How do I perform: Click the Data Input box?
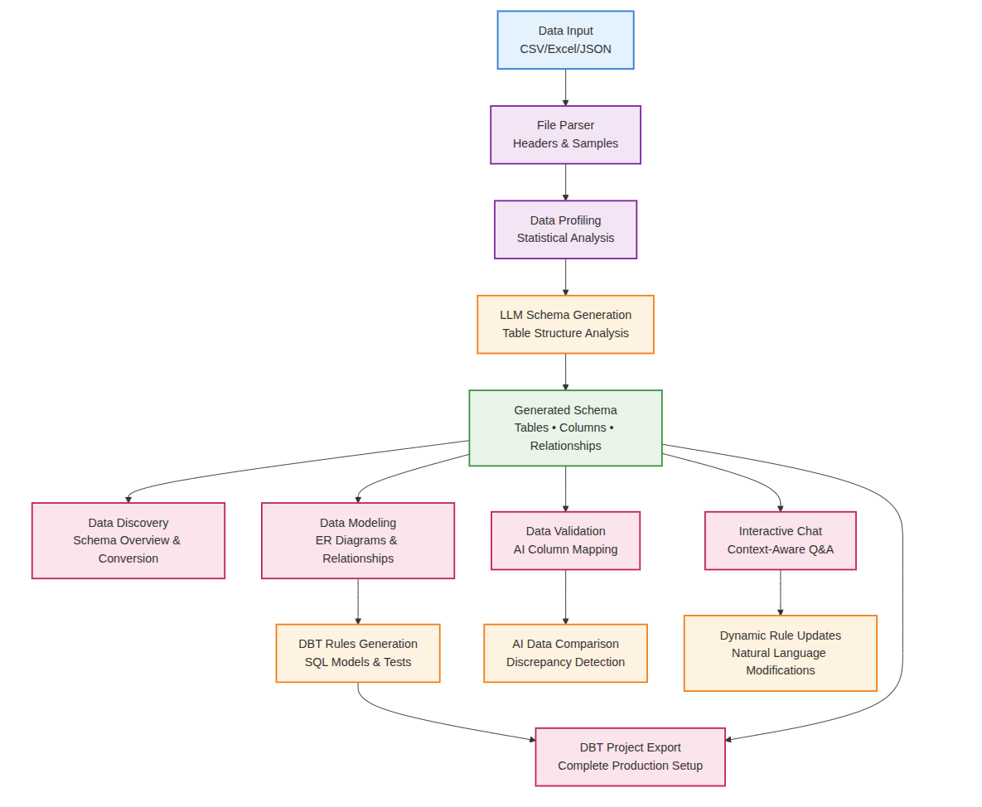pos(565,40)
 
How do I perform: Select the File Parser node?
pos(565,134)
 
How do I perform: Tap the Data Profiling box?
pos(565,230)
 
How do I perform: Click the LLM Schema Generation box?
pos(565,324)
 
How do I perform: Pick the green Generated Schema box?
pos(565,428)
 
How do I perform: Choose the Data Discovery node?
pos(128,540)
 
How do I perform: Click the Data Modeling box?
pos(358,540)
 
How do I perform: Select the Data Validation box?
pos(565,540)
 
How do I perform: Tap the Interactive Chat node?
pos(780,540)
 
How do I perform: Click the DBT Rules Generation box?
pos(358,653)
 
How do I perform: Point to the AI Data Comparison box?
pos(565,653)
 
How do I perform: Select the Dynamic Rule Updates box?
pos(780,653)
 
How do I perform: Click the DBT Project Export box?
pos(630,756)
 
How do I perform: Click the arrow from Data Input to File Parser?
pos(566,87)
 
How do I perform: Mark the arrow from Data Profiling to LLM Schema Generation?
pos(566,277)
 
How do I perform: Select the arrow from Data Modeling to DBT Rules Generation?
pos(358,601)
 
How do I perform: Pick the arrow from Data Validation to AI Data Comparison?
pos(566,597)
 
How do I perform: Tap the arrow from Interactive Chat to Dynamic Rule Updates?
pos(780,592)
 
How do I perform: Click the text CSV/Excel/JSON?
pos(565,49)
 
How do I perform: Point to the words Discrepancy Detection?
pos(565,662)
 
